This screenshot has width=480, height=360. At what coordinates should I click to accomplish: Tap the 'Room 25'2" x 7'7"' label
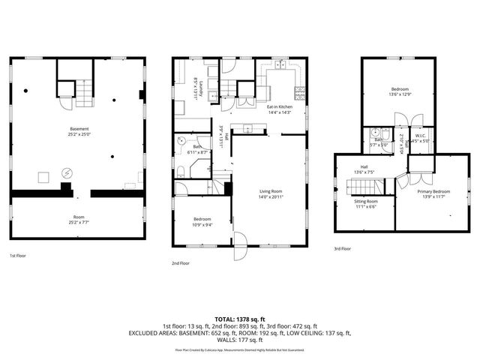click(x=79, y=220)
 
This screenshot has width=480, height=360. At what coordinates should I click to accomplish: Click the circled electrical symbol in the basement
click(x=66, y=172)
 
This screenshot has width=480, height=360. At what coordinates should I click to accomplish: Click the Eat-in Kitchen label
click(x=280, y=109)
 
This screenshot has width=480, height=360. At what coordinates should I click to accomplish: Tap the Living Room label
click(x=268, y=193)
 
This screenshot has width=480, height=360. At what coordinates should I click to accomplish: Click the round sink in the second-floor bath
click(x=181, y=140)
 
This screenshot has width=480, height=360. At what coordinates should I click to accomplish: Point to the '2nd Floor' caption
click(x=180, y=263)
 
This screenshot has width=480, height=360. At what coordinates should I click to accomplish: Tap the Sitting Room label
click(x=366, y=204)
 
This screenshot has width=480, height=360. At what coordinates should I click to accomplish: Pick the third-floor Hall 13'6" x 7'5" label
click(x=364, y=169)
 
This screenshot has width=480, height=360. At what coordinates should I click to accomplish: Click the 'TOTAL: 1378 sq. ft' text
click(x=240, y=319)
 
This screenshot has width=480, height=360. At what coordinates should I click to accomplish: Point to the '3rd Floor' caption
click(x=341, y=248)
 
